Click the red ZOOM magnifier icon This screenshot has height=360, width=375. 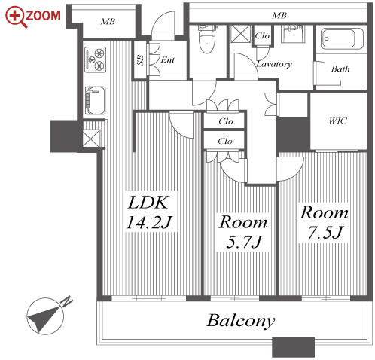coord(16,17)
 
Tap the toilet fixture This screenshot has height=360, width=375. coord(207,38)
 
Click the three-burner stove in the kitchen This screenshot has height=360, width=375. coord(95,59)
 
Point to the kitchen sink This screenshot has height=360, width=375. coord(95,101)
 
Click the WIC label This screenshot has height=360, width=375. coord(338,121)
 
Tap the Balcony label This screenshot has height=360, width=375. coord(241,321)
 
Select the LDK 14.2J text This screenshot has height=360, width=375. coord(149,212)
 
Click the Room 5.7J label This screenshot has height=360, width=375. coord(242,231)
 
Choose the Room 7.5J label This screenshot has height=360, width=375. coord(325,222)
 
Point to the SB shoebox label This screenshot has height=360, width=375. coord(141,60)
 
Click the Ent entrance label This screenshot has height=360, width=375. coord(167,59)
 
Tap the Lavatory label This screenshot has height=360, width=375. coord(274,64)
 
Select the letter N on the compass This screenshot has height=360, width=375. coord(67,301)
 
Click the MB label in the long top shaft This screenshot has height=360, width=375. coord(279,16)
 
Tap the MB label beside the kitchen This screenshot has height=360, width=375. coord(108,22)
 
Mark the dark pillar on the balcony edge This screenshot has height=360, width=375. coord(293,347)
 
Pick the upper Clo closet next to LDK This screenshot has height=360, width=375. coord(224,121)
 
